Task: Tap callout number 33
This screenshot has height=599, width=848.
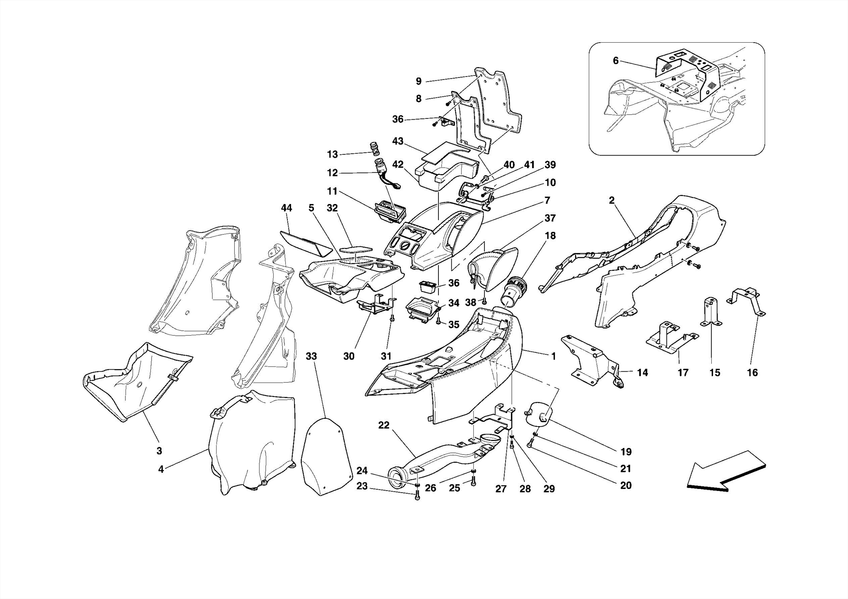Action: point(311,356)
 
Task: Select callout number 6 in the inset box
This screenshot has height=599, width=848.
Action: point(616,61)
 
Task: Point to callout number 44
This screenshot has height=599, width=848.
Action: point(287,208)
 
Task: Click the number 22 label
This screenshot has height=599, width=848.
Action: point(384,425)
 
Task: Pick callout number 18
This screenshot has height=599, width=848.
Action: point(550,236)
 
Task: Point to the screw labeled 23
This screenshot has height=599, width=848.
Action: point(417,496)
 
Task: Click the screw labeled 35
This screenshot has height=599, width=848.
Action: point(438,321)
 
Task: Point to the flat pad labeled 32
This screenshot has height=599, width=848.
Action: point(356,250)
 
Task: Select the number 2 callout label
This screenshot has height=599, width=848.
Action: point(612,200)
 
